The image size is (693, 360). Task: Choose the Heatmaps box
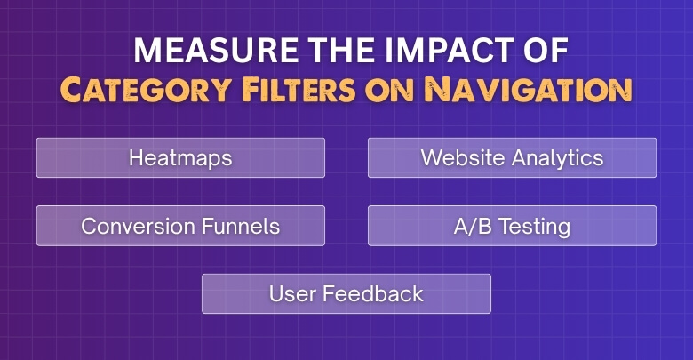pyautogui.click(x=180, y=158)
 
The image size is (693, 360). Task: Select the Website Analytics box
pyautogui.click(x=512, y=158)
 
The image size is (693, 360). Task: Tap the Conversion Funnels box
pyautogui.click(x=180, y=226)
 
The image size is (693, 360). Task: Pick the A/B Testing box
pyautogui.click(x=512, y=226)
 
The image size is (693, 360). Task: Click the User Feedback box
pyautogui.click(x=346, y=293)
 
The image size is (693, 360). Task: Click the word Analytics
pyautogui.click(x=558, y=158)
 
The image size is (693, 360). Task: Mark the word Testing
pyautogui.click(x=535, y=226)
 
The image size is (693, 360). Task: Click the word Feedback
pyautogui.click(x=374, y=293)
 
